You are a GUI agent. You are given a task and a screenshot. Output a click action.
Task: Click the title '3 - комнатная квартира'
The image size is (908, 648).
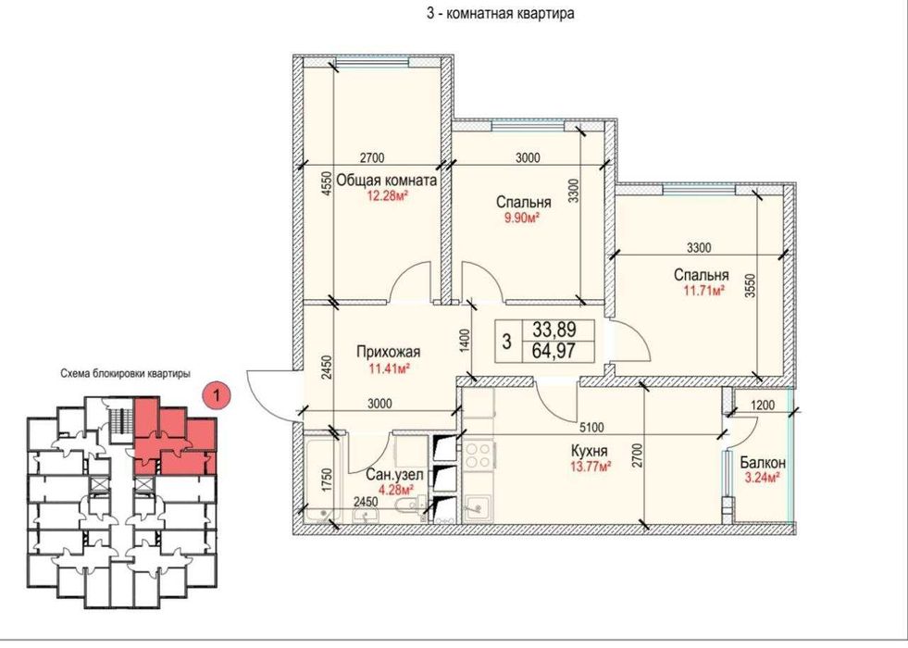point(501,13)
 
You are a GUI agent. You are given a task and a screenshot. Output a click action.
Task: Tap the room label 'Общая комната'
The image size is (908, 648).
point(387,180)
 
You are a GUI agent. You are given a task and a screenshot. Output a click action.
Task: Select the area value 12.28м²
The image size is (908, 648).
point(387,195)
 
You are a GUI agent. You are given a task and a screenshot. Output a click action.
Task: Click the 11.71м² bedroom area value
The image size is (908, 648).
point(704,290)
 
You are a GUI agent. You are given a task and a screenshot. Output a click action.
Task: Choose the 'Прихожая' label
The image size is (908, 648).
point(389,352)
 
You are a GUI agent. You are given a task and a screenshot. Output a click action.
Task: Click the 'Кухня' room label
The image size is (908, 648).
point(589,451)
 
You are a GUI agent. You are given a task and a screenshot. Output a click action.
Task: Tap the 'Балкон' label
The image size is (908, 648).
point(763,463)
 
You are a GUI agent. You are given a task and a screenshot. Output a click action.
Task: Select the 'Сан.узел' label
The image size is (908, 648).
point(394,475)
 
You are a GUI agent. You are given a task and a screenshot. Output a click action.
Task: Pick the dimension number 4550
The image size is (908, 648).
point(327,184)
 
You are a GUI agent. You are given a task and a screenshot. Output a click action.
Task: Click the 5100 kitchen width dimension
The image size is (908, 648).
point(591,428)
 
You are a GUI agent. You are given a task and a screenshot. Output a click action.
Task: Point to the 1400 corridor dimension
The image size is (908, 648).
point(465,342)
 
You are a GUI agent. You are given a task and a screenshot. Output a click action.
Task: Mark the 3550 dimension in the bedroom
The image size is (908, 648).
point(751,286)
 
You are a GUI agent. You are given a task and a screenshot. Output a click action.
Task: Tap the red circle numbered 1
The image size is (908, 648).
point(217,396)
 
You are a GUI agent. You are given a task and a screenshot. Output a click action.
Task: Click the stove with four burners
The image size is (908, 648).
point(479,455)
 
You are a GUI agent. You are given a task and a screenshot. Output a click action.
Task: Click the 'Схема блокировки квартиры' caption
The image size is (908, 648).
point(126,374)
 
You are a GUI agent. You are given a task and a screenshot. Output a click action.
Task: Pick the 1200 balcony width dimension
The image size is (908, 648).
point(762,405)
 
